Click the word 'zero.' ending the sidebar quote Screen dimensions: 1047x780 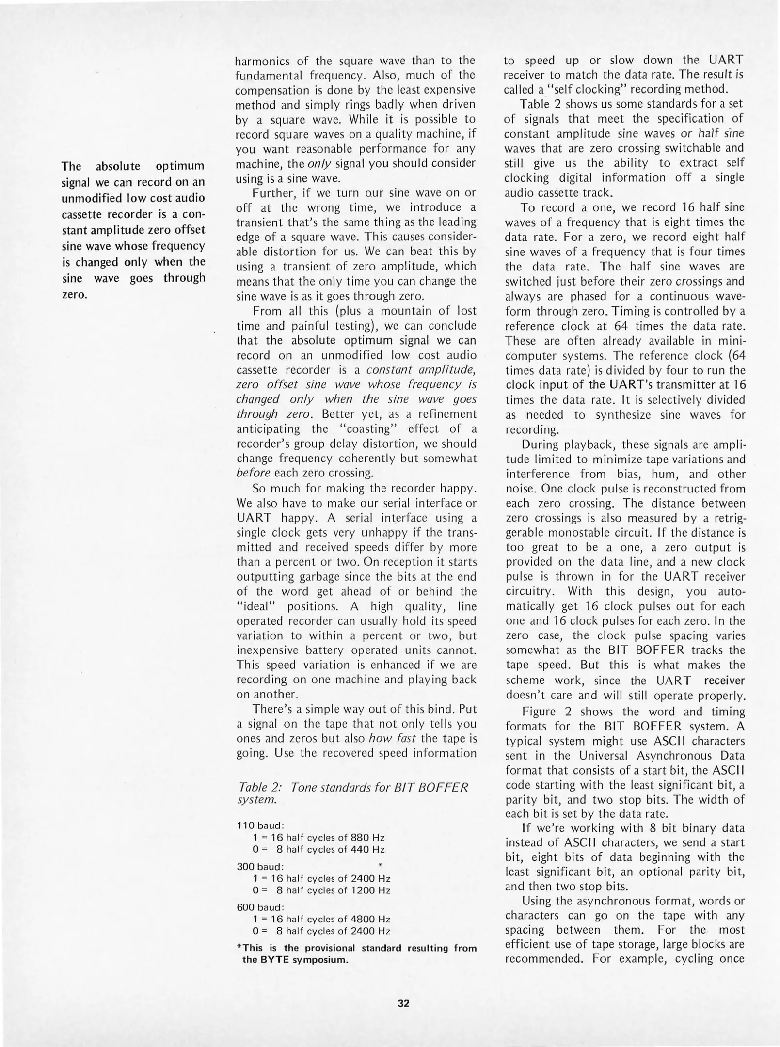tap(74, 294)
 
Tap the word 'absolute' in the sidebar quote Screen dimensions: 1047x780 tap(118, 166)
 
